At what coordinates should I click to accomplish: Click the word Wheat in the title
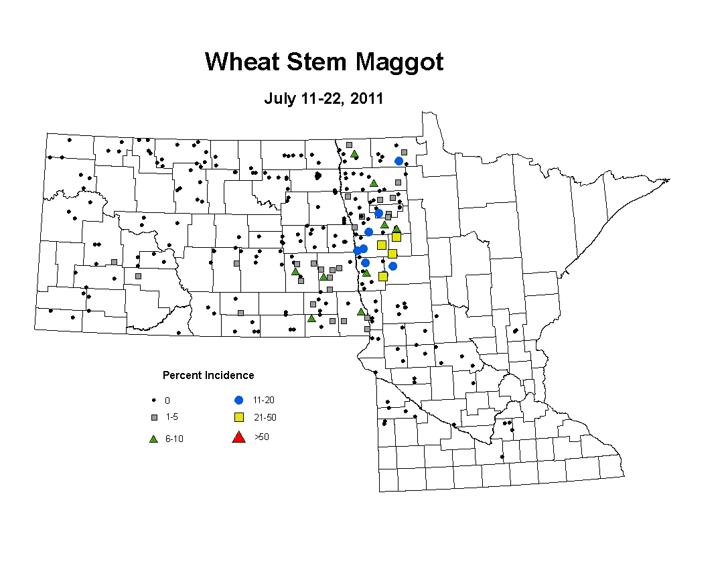[x=242, y=62]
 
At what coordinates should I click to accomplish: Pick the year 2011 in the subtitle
[x=366, y=98]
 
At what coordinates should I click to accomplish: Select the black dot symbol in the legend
[x=154, y=400]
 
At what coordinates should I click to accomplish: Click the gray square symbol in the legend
[x=155, y=417]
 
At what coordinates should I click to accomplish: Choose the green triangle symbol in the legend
[x=154, y=439]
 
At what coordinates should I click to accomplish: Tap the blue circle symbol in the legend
[x=238, y=400]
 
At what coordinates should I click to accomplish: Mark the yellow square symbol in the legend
[x=238, y=417]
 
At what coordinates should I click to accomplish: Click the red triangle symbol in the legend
[x=238, y=437]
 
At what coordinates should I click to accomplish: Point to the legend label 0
[x=167, y=400]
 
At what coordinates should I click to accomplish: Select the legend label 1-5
[x=171, y=417]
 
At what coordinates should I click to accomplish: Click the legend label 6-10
[x=174, y=439]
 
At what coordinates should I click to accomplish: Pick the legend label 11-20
[x=264, y=400]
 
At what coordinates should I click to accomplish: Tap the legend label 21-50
[x=265, y=417]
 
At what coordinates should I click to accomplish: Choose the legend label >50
[x=262, y=437]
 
